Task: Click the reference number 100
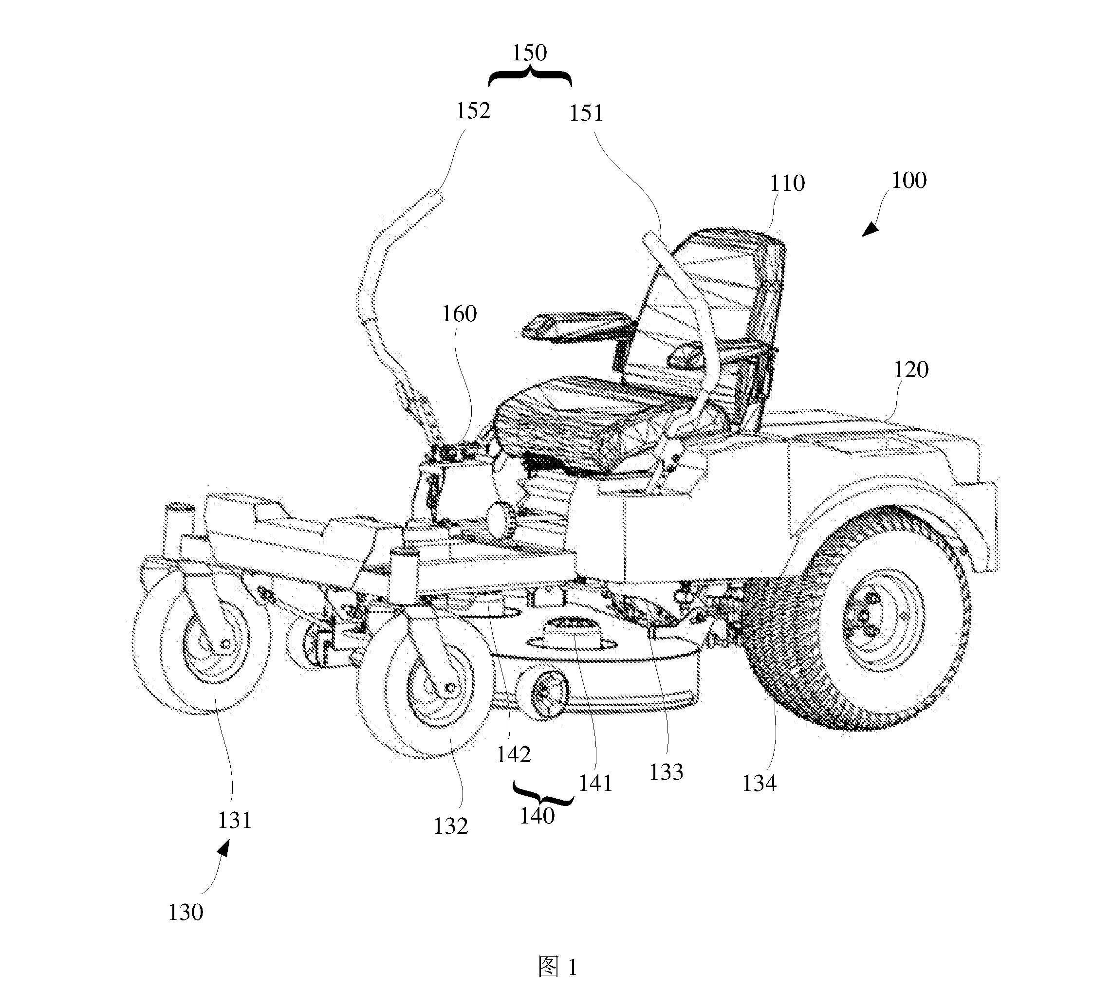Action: pos(909,181)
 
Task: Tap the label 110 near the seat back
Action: pos(787,184)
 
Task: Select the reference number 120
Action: pos(910,370)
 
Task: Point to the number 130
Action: pos(185,912)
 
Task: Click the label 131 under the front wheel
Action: pos(235,820)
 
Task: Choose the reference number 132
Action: pos(451,826)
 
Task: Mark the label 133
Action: pos(666,772)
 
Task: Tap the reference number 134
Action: pos(759,783)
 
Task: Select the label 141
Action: pos(595,783)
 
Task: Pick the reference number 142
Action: pos(514,755)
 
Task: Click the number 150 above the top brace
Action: pos(529,53)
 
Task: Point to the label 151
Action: pos(587,113)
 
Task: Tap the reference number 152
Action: pos(473,110)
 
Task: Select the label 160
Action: pos(459,314)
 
